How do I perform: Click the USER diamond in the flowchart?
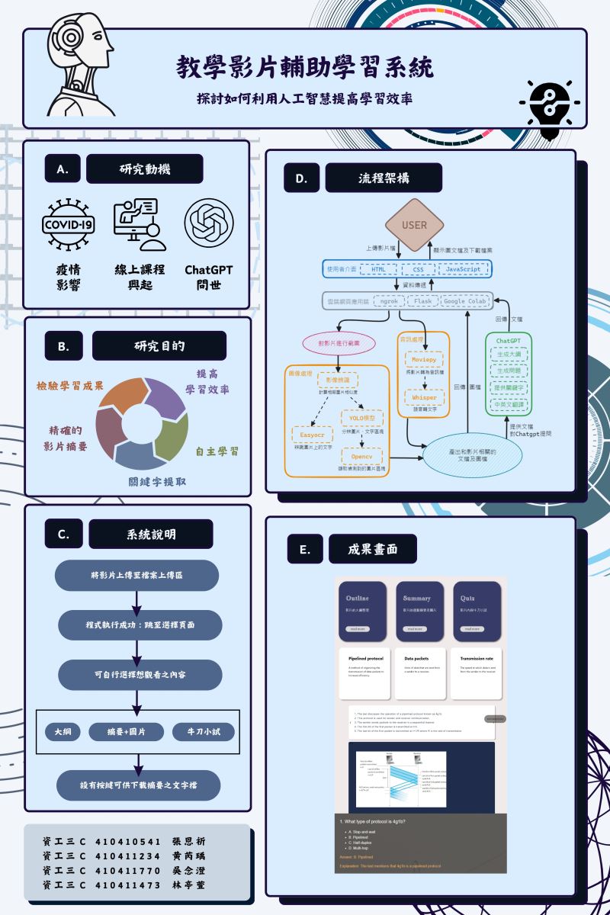coord(415,225)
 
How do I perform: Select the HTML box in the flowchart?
coord(379,269)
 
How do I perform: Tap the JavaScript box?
coord(463,269)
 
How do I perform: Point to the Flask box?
coord(422,301)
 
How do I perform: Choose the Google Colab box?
coord(464,301)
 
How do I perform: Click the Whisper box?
coord(424,397)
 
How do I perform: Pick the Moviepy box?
coord(424,358)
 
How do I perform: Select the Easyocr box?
coord(313,434)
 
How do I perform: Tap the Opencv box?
coord(361,457)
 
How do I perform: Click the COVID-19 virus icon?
coord(69,225)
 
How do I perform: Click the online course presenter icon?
coord(139,226)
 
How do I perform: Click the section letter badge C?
coord(63,535)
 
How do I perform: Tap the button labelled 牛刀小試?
coord(203,732)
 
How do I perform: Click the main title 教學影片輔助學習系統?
coord(305,68)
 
